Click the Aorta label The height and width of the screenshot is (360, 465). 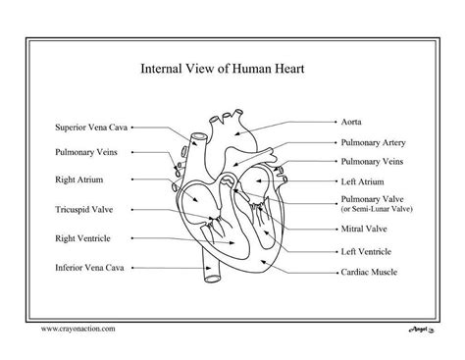tap(351, 123)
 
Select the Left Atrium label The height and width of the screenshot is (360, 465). tap(362, 180)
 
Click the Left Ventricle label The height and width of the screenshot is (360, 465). tap(367, 251)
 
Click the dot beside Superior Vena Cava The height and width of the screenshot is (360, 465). tap(132, 127)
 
